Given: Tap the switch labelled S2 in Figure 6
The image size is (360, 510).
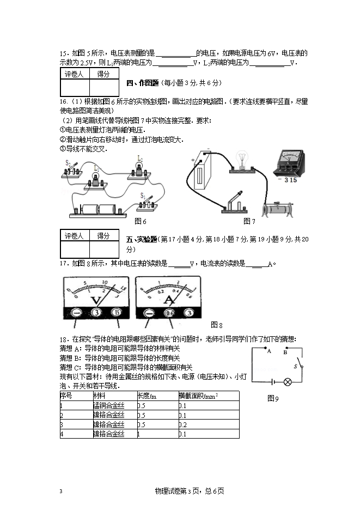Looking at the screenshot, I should pos(72,169).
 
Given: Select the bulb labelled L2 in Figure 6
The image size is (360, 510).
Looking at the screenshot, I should pos(139,170).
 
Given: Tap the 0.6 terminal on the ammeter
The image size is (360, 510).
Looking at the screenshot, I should pos(169,313).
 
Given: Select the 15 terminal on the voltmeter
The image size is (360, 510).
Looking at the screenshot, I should pos(117,313).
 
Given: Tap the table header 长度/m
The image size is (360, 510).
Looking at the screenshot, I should pos(147,395).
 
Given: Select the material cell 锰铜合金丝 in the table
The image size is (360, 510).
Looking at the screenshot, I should pos(108,405).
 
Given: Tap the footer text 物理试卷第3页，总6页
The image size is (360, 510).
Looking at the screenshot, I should pos(190,491).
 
